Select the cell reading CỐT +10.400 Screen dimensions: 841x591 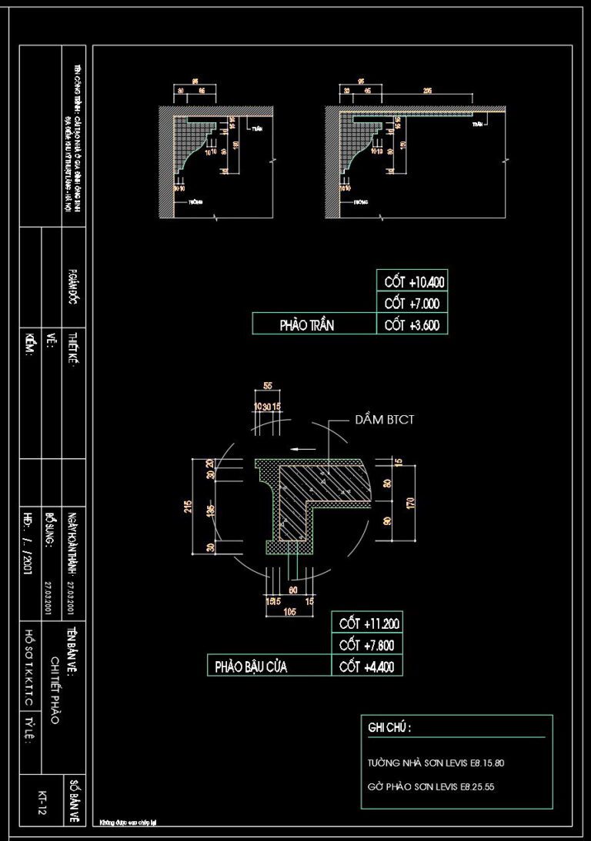coord(411,282)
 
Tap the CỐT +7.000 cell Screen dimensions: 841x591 coord(411,304)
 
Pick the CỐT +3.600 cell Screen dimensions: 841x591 coord(411,325)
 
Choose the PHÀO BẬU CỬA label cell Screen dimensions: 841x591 coord(251,666)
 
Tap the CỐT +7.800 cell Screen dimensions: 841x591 coord(366,645)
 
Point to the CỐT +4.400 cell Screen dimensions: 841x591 coord(366,666)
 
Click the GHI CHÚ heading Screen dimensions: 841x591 coord(389,727)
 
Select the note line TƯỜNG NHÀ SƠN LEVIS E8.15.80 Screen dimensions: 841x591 coord(436,764)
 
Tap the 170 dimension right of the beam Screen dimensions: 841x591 coord(411,504)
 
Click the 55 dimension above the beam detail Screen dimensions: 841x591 coord(268,385)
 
